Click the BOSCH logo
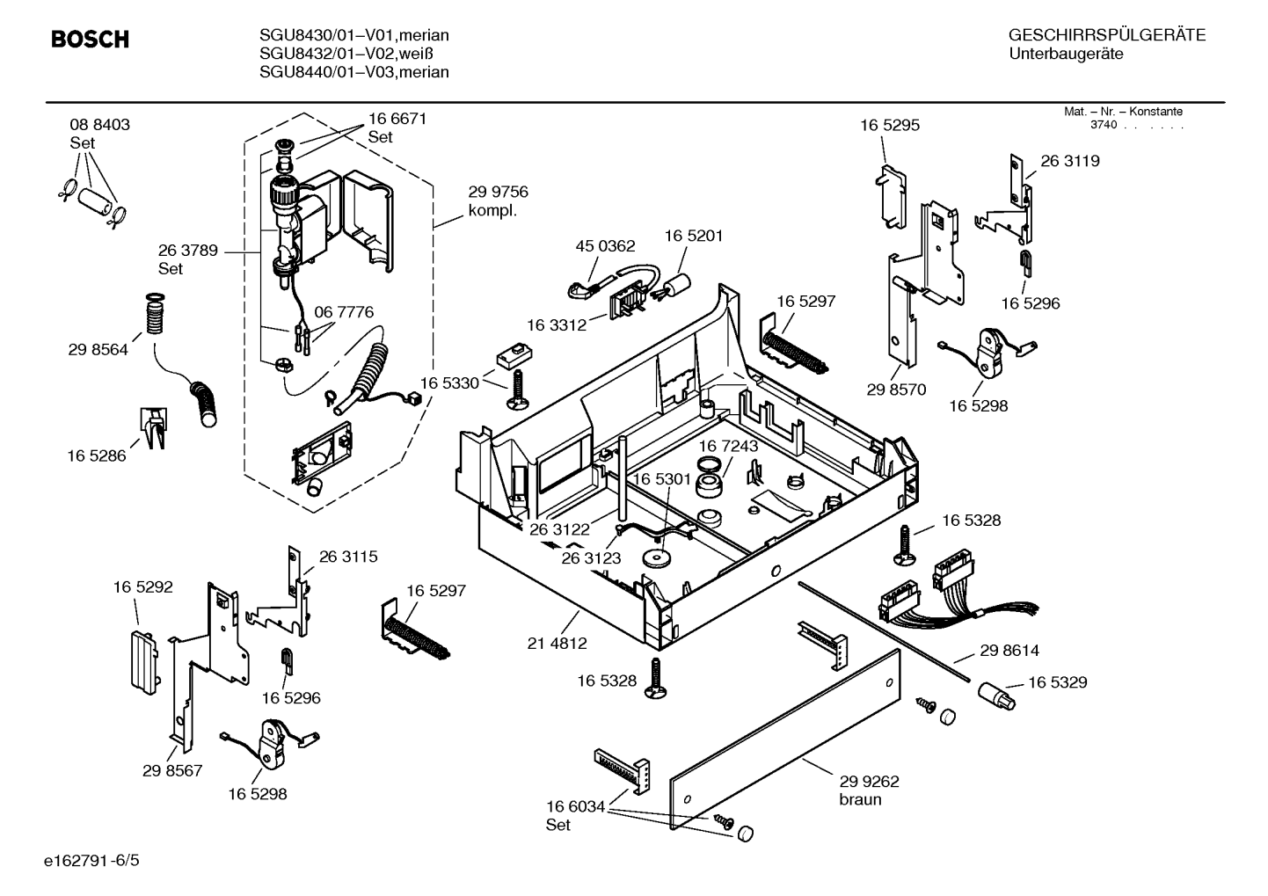coord(90,39)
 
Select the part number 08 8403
coord(99,125)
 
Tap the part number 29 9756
coord(498,192)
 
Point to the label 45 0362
coord(605,245)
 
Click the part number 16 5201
coord(694,236)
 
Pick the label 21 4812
coord(557,643)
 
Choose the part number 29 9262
coord(869,781)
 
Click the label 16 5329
coord(1058,682)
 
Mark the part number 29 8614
coord(1009,651)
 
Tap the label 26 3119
coord(1070,161)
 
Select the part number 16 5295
coord(890,125)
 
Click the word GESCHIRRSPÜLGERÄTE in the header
coord(1107,35)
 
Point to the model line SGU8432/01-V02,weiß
coord(346,54)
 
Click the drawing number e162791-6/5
coord(91,861)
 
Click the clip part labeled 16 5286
coord(154,427)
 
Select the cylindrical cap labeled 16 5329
coord(997,696)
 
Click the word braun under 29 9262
coord(860,800)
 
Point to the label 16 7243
coord(728,446)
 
